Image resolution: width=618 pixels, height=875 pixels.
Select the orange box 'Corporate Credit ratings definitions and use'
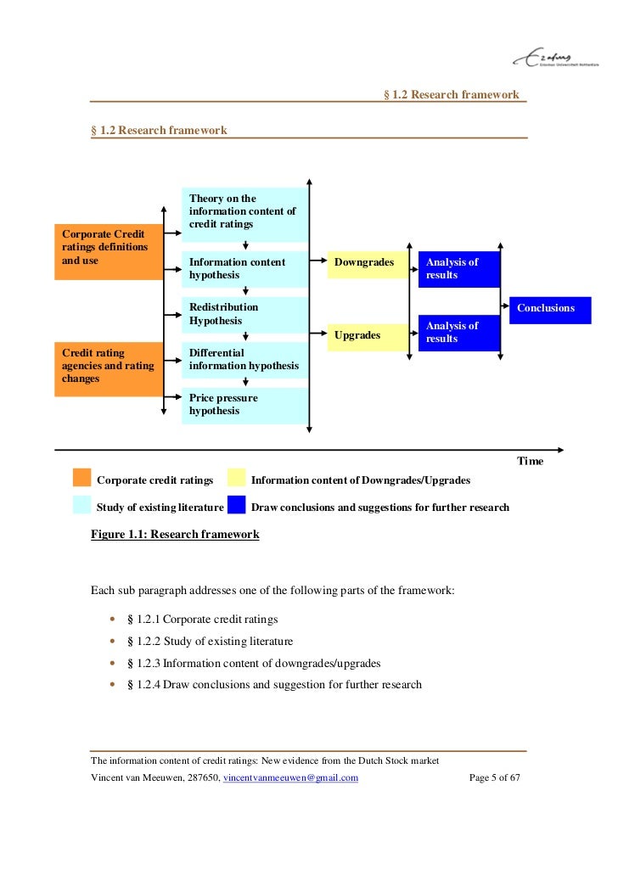click(109, 252)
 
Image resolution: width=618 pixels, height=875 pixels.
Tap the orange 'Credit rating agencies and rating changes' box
click(109, 369)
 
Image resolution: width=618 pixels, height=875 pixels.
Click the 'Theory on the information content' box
click(244, 214)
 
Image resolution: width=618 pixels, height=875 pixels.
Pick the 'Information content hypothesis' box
click(244, 269)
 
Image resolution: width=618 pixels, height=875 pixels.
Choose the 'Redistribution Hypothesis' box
click(244, 314)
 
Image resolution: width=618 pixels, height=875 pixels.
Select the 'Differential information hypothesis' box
click(244, 360)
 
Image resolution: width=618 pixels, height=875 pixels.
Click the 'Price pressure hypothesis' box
click(244, 405)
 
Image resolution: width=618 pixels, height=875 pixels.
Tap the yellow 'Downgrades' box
click(367, 263)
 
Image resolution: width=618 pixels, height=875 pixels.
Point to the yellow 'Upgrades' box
click(367, 336)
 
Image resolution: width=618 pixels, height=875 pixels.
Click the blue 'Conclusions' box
click(549, 309)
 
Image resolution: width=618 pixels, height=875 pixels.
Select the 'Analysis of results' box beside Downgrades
click(458, 269)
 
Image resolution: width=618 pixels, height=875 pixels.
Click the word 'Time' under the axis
click(530, 461)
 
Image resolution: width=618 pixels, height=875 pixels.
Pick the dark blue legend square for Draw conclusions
click(236, 506)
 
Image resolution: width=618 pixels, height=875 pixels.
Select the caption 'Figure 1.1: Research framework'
click(175, 535)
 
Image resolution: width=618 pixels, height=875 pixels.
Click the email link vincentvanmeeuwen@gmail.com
click(289, 778)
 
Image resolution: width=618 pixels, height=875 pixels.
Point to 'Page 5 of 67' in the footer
click(494, 778)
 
